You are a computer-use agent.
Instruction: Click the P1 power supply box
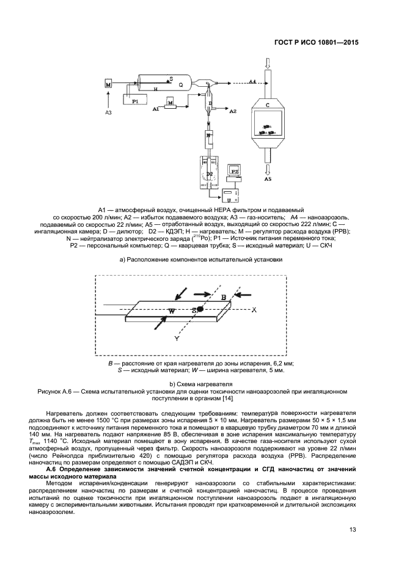[x=136, y=101]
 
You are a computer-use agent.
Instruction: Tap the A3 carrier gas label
[x=108, y=113]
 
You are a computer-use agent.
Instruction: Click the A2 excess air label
[x=232, y=112]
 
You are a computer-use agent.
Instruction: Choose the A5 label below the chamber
[x=268, y=180]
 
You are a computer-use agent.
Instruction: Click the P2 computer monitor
[x=234, y=171]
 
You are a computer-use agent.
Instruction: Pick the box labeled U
[x=229, y=199]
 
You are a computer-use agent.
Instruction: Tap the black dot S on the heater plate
[x=200, y=310]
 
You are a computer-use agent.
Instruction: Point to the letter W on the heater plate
[x=172, y=311]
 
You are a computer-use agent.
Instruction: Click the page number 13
[x=353, y=529]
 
